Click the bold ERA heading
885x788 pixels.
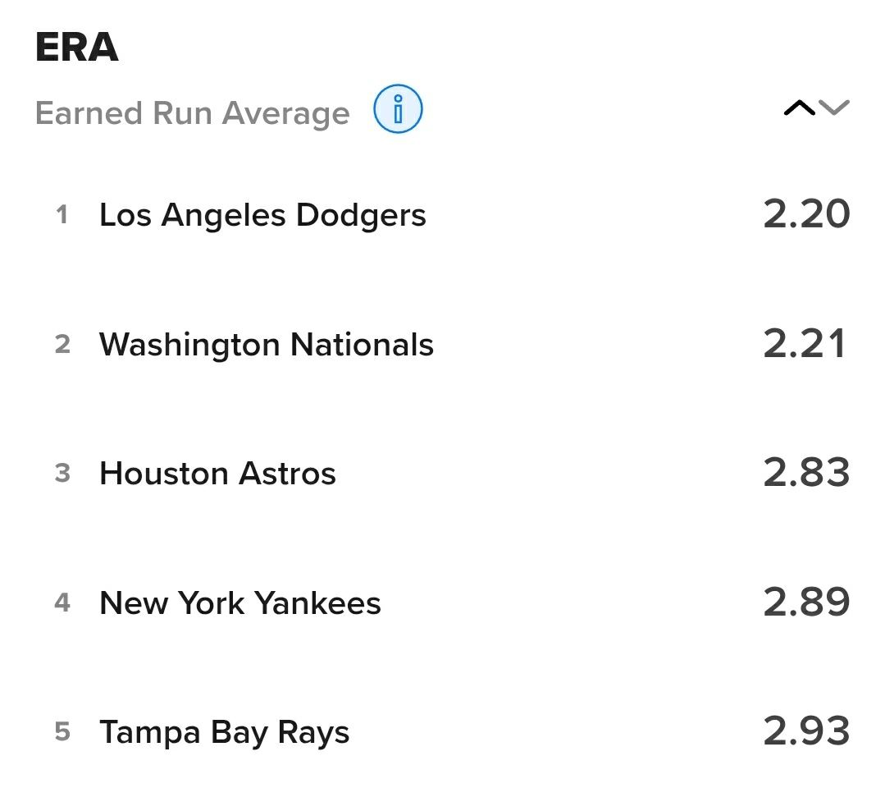tap(77, 48)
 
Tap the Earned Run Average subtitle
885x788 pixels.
tap(193, 113)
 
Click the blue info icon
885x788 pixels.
tap(398, 110)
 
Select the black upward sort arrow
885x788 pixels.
tap(799, 108)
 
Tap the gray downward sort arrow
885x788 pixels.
tap(834, 108)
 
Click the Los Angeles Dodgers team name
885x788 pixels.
tap(262, 215)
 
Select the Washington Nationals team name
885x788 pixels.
tap(267, 345)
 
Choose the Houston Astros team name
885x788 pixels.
tap(217, 474)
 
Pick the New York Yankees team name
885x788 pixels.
tap(240, 603)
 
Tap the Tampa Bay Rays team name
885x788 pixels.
tap(225, 732)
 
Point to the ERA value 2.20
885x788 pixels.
tap(806, 214)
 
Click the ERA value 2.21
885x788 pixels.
tap(805, 344)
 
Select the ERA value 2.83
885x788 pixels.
tap(806, 473)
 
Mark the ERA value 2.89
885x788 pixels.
tap(806, 602)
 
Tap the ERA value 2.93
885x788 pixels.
tap(806, 731)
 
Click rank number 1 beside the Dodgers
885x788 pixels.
tap(62, 215)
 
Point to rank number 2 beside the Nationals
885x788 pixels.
tap(62, 345)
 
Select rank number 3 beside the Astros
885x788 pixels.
tap(62, 474)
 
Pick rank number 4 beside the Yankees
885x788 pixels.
tap(62, 603)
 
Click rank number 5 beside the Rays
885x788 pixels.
tap(62, 732)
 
